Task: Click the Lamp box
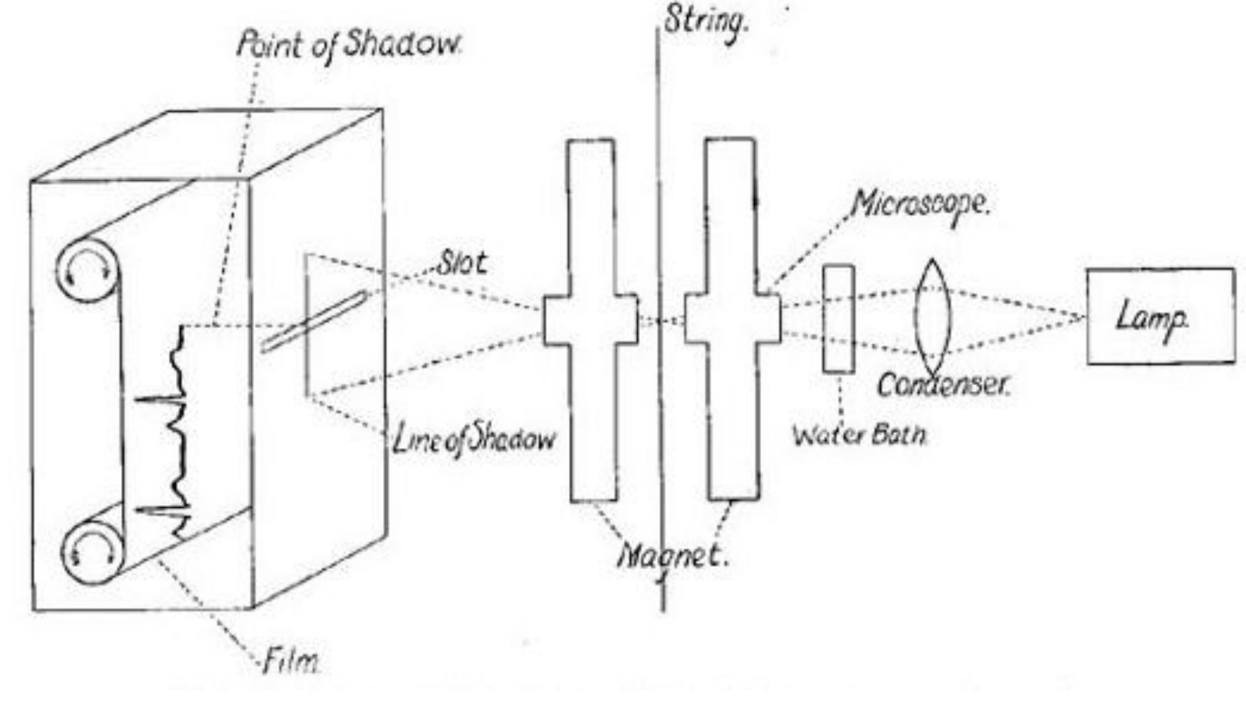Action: tap(1161, 316)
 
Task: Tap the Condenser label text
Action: tap(943, 385)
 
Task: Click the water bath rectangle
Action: tap(839, 318)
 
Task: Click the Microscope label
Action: tap(921, 204)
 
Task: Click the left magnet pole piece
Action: tap(592, 320)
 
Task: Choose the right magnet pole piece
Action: tap(732, 320)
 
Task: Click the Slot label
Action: tap(463, 263)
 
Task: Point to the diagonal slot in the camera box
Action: tap(314, 321)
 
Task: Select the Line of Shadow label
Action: tap(473, 439)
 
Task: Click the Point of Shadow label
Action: tap(349, 46)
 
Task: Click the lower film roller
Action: tap(90, 553)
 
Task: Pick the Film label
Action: tap(290, 663)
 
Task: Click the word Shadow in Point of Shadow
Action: tap(403, 46)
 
